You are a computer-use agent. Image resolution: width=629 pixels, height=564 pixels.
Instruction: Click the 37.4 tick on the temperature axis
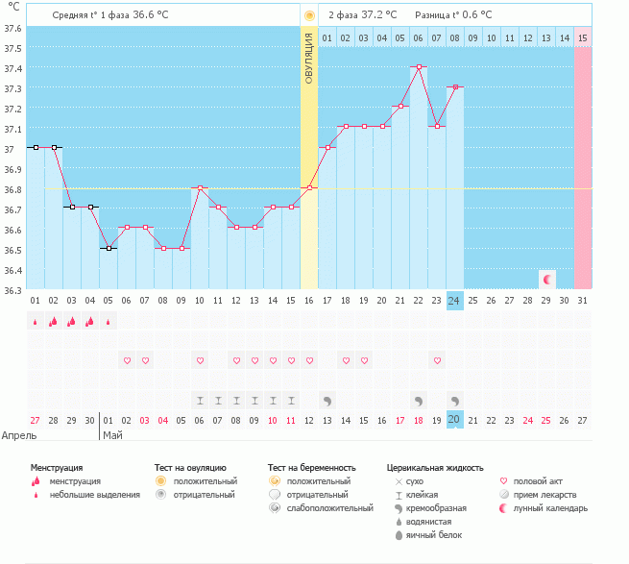12,69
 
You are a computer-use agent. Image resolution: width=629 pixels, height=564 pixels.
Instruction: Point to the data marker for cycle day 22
419,66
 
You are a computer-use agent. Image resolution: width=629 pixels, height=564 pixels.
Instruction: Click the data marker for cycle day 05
109,248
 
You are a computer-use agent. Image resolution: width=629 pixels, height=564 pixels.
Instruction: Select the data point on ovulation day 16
309,187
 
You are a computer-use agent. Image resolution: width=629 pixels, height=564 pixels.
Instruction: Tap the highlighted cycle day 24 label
455,300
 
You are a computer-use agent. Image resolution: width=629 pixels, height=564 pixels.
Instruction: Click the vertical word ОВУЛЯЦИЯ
309,58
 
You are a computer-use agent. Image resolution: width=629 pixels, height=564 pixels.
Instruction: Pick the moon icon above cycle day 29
547,279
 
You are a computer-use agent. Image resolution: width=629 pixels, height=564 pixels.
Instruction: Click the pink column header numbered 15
582,37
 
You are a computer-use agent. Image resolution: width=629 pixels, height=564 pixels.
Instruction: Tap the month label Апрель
19,435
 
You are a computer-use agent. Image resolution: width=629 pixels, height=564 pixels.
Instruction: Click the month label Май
112,435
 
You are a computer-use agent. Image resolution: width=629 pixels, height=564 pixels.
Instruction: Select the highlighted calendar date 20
455,420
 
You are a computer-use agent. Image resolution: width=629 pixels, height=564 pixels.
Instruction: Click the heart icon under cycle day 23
437,360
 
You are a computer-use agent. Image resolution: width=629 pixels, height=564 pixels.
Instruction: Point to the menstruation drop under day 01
35,322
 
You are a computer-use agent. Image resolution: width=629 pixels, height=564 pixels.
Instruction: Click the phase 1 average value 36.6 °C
157,14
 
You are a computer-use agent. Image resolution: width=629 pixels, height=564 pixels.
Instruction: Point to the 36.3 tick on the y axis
12,289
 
